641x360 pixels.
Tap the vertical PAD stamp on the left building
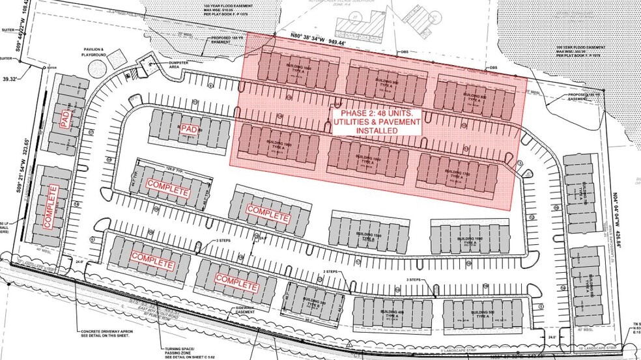coord(64,119)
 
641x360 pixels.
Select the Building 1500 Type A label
coord(369,237)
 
